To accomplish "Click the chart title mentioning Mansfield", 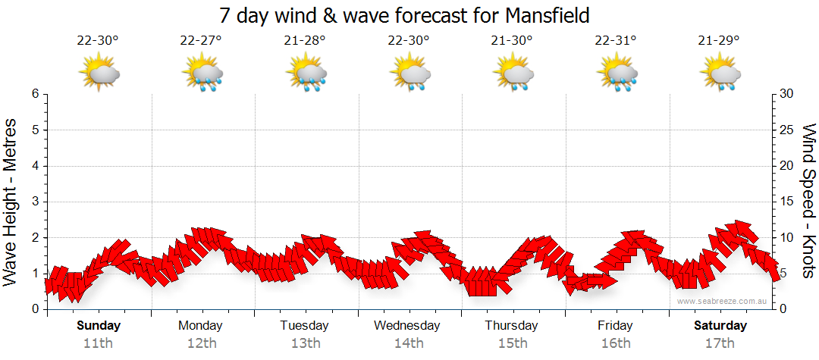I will pos(404,15).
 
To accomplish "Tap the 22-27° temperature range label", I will pos(201,40).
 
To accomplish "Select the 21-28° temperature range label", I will pos(305,40).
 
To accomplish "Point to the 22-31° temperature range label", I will pos(616,40).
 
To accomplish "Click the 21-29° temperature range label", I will pos(719,40).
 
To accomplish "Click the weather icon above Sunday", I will pos(99,74).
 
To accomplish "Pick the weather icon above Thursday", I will pos(513,74).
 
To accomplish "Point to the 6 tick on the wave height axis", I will pos(35,94).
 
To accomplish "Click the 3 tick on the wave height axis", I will pos(35,202).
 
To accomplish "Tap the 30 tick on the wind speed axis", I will pos(789,94).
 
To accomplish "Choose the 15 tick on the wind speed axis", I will pos(789,202).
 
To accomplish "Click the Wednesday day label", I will pos(407,326).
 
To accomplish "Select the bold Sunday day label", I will pos(99,326).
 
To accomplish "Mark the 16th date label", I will pos(616,343).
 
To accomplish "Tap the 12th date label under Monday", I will pos(201,343).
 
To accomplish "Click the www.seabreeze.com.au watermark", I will pos(723,301).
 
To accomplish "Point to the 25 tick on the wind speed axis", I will pos(789,130).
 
